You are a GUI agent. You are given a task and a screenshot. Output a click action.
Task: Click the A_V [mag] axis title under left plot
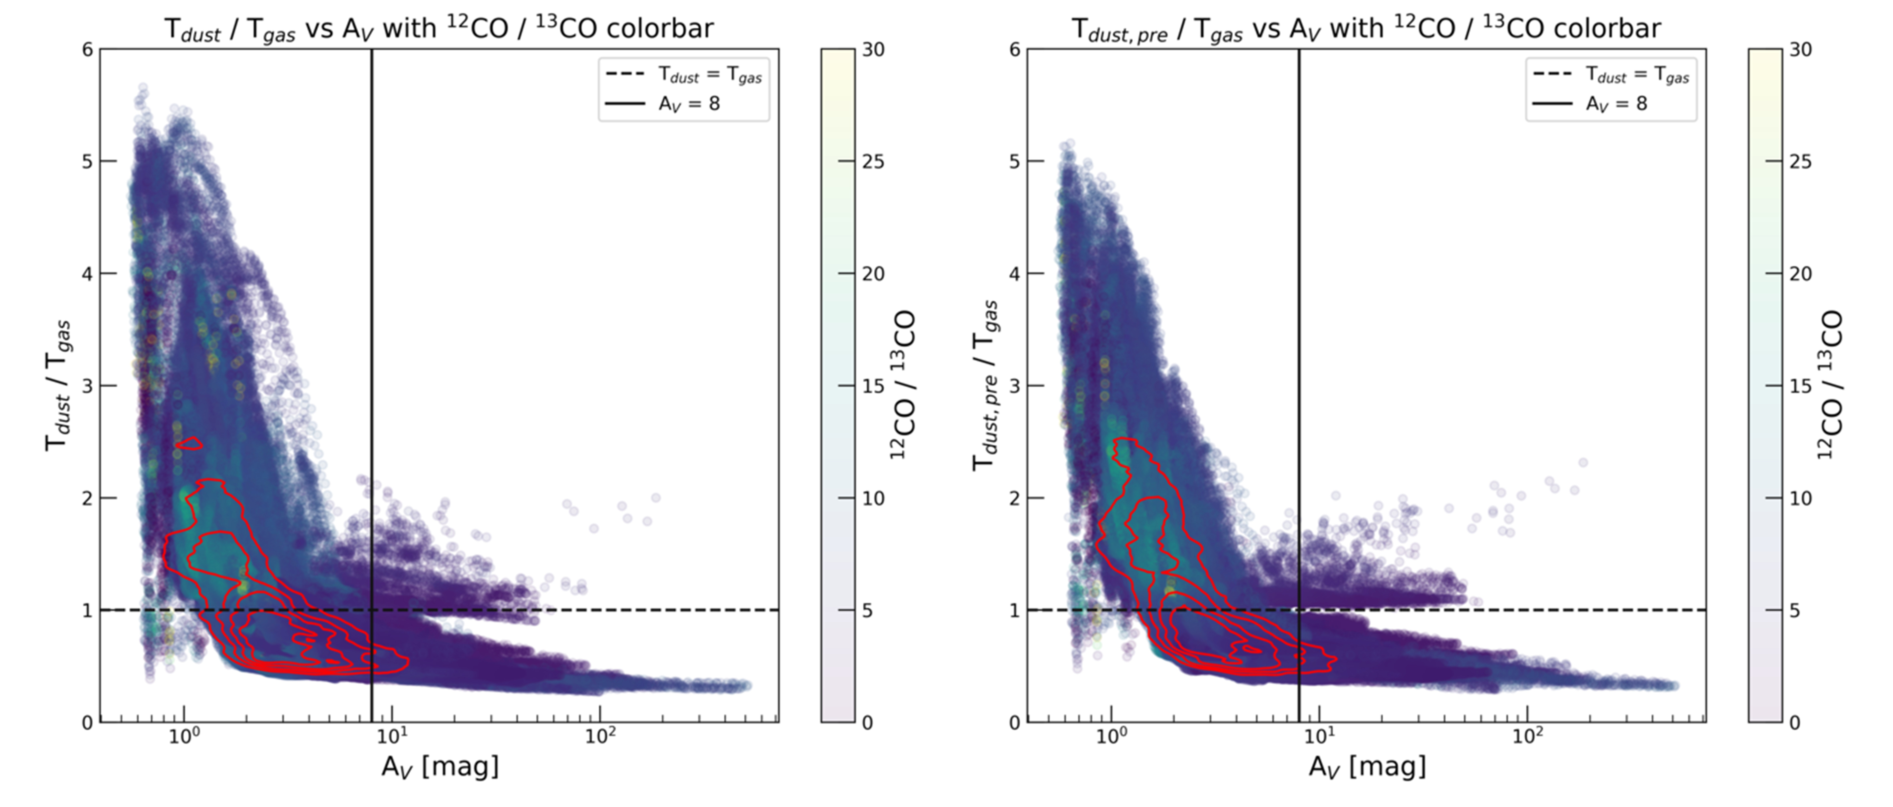(x=440, y=767)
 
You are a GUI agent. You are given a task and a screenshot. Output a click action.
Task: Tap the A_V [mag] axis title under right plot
(x=1367, y=767)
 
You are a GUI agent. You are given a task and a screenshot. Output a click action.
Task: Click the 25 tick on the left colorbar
(x=873, y=162)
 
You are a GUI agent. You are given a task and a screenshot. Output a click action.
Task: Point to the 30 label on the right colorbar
(x=1800, y=50)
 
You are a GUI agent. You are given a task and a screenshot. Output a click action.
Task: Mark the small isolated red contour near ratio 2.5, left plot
(x=190, y=443)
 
